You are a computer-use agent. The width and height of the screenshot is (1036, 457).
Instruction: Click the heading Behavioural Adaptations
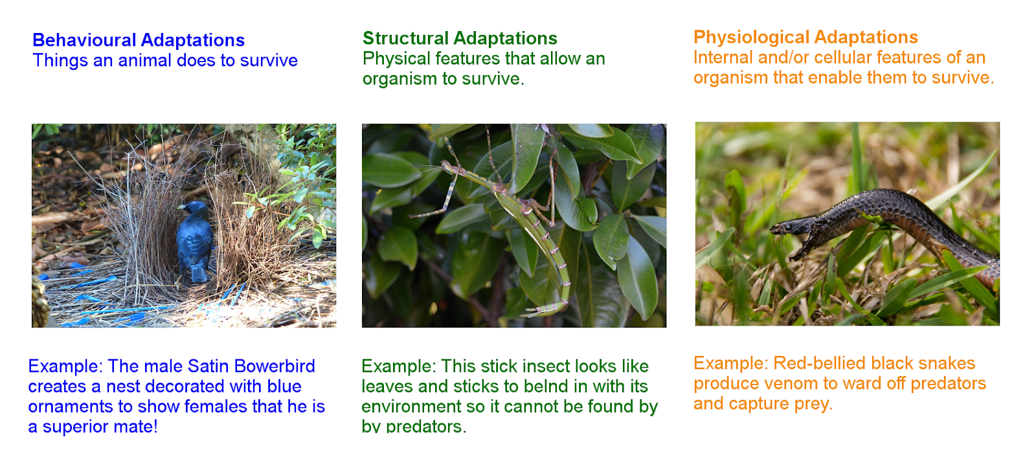[x=139, y=40]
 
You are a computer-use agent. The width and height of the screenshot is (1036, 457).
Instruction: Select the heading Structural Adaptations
[x=460, y=38]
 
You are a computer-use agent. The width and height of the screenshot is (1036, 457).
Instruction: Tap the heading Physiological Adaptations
[x=805, y=37]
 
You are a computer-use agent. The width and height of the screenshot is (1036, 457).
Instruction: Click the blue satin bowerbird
[x=195, y=241]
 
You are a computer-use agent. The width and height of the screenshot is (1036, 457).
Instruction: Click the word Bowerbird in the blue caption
[x=275, y=366]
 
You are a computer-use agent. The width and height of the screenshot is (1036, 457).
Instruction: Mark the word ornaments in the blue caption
[x=71, y=407]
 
